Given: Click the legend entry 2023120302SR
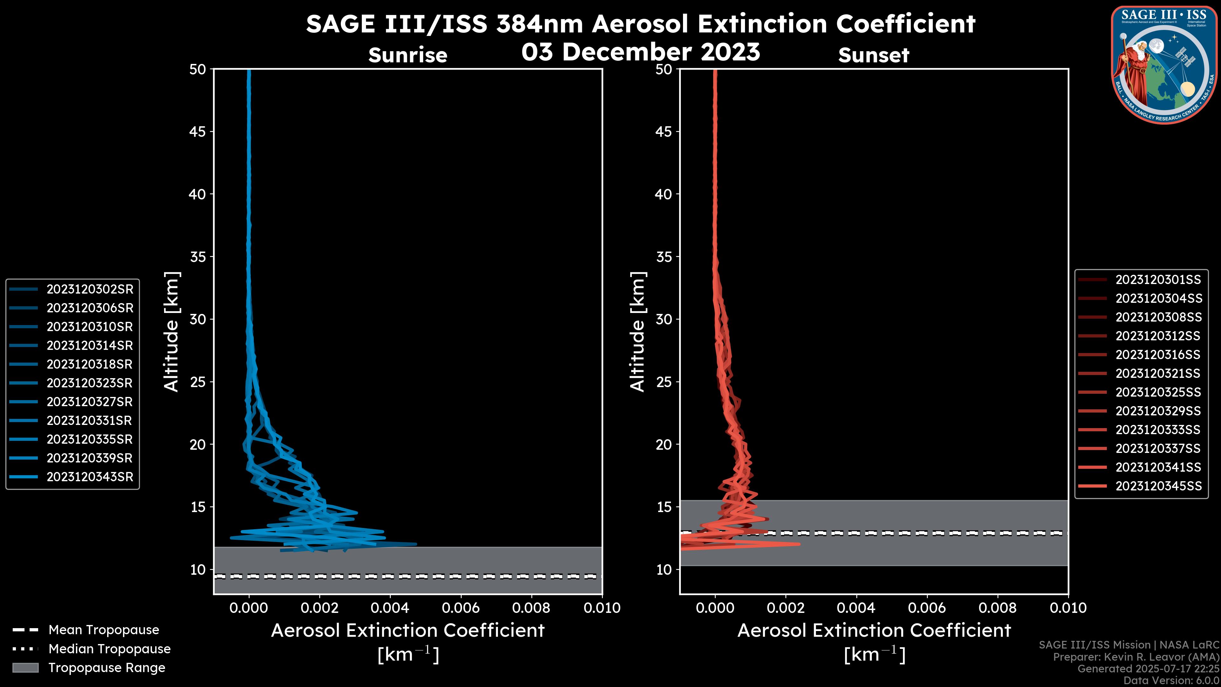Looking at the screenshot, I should coord(90,289).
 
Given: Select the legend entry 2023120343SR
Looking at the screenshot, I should coord(90,477).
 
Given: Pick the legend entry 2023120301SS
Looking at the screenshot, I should coord(1158,280).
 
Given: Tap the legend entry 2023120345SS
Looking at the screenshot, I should coord(1158,486).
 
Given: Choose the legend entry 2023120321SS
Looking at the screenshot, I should coord(1158,374).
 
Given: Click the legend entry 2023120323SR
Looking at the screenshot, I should coord(90,383).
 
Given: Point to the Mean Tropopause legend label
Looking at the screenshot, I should coord(104,630).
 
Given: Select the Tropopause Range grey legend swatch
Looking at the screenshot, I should coord(25,668).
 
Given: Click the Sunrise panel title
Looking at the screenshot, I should coord(408,55).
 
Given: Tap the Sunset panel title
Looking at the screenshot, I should coord(873,55).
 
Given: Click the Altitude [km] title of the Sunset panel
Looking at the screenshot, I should coord(638,331).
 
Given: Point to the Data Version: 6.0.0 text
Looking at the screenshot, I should coord(1172,680).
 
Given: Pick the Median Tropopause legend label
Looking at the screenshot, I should coord(109,649).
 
